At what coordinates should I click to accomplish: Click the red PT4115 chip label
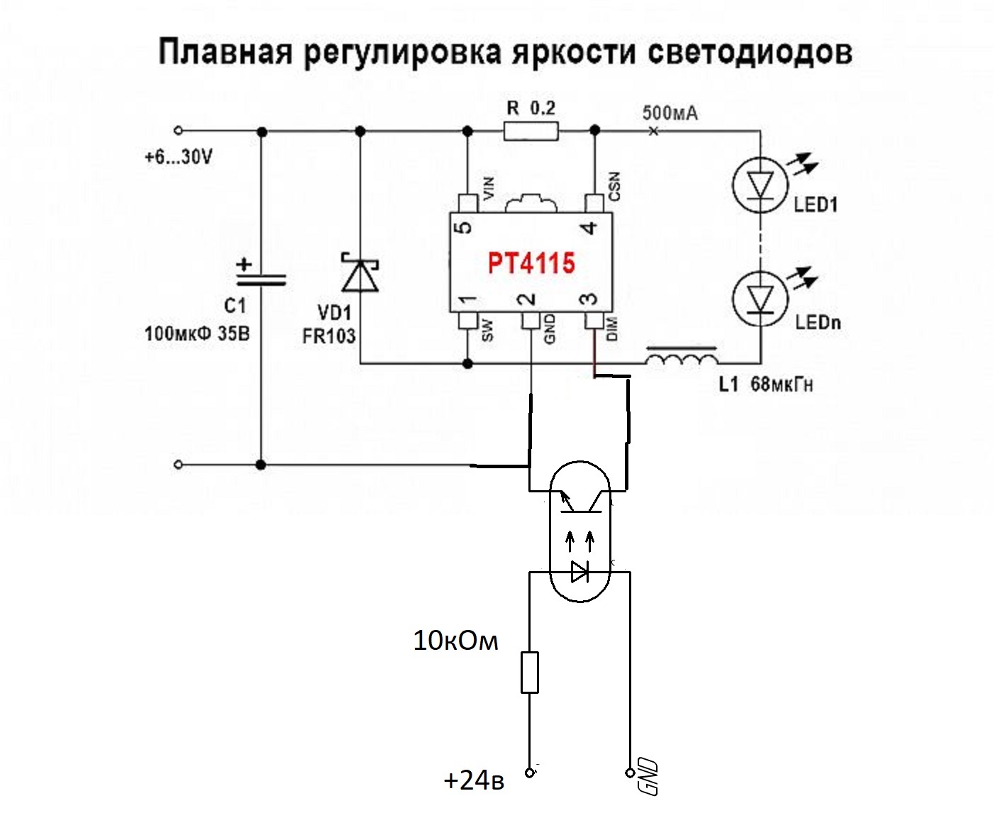pyautogui.click(x=531, y=264)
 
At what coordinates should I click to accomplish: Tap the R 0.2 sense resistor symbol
pyautogui.click(x=531, y=131)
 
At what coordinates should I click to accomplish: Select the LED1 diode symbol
pyautogui.click(x=760, y=186)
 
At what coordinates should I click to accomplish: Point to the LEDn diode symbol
pyautogui.click(x=760, y=299)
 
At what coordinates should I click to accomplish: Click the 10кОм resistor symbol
pyautogui.click(x=529, y=672)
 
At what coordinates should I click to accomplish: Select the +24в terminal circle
pyautogui.click(x=529, y=773)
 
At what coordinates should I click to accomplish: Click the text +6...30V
pyautogui.click(x=178, y=157)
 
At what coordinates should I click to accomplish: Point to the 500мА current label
pyautogui.click(x=670, y=113)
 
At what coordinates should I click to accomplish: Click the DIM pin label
pyautogui.click(x=613, y=328)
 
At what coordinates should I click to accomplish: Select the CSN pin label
pyautogui.click(x=614, y=186)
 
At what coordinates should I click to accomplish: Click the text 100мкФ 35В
pyautogui.click(x=197, y=333)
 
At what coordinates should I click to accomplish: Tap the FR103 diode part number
pyautogui.click(x=328, y=336)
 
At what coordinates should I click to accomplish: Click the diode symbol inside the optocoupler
pyautogui.click(x=579, y=571)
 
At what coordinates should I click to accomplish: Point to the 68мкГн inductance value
pyautogui.click(x=782, y=385)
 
